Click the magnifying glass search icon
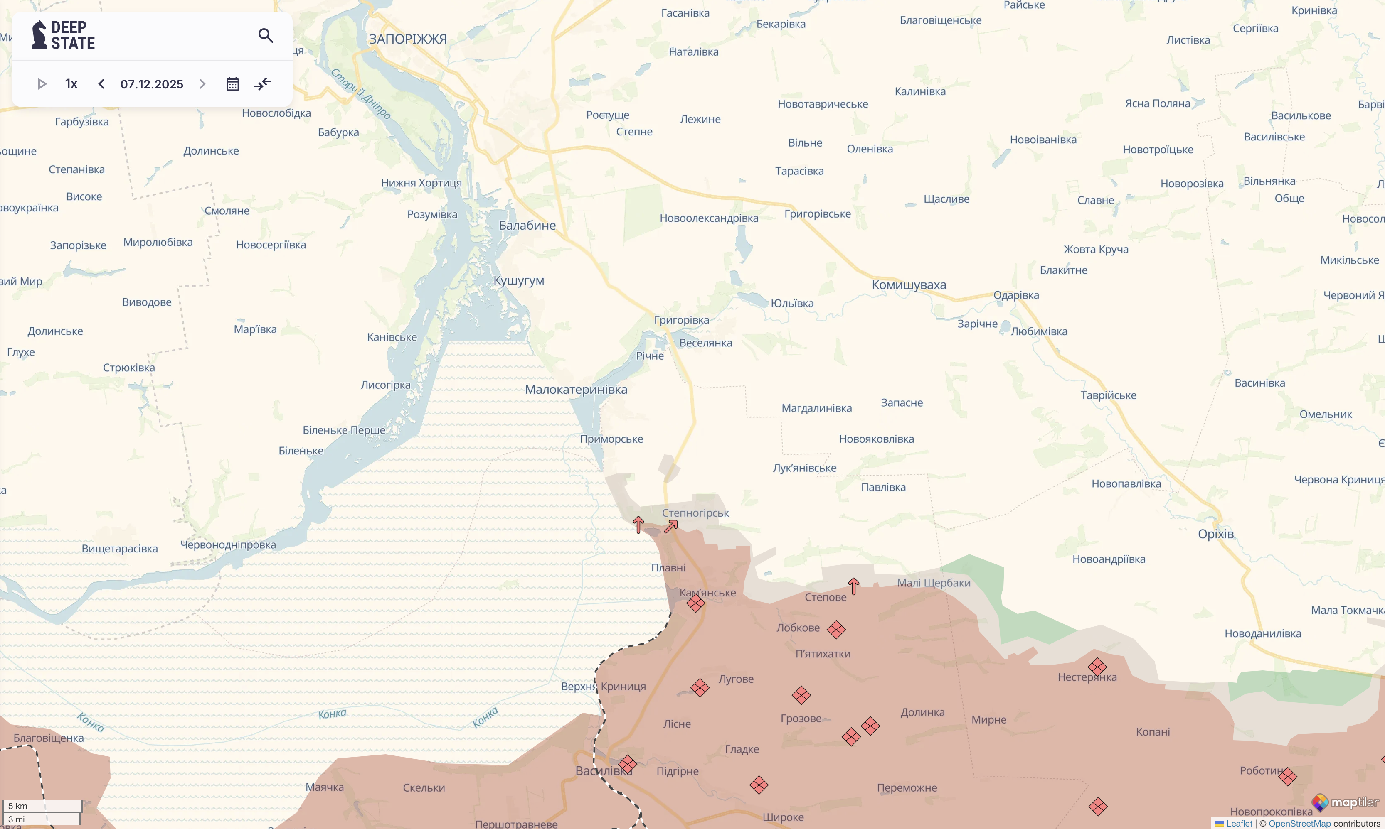(x=266, y=36)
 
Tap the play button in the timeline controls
(x=42, y=84)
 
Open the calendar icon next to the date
(x=232, y=84)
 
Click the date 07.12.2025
(x=151, y=84)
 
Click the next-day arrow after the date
(x=202, y=84)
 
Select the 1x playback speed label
(x=71, y=84)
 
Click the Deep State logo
(x=63, y=35)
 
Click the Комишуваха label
(x=909, y=285)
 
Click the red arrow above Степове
(x=853, y=586)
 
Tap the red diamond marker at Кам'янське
(x=695, y=603)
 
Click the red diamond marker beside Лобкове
(x=836, y=630)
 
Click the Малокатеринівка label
(x=576, y=389)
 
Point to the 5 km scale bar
(x=42, y=806)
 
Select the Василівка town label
(x=604, y=771)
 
